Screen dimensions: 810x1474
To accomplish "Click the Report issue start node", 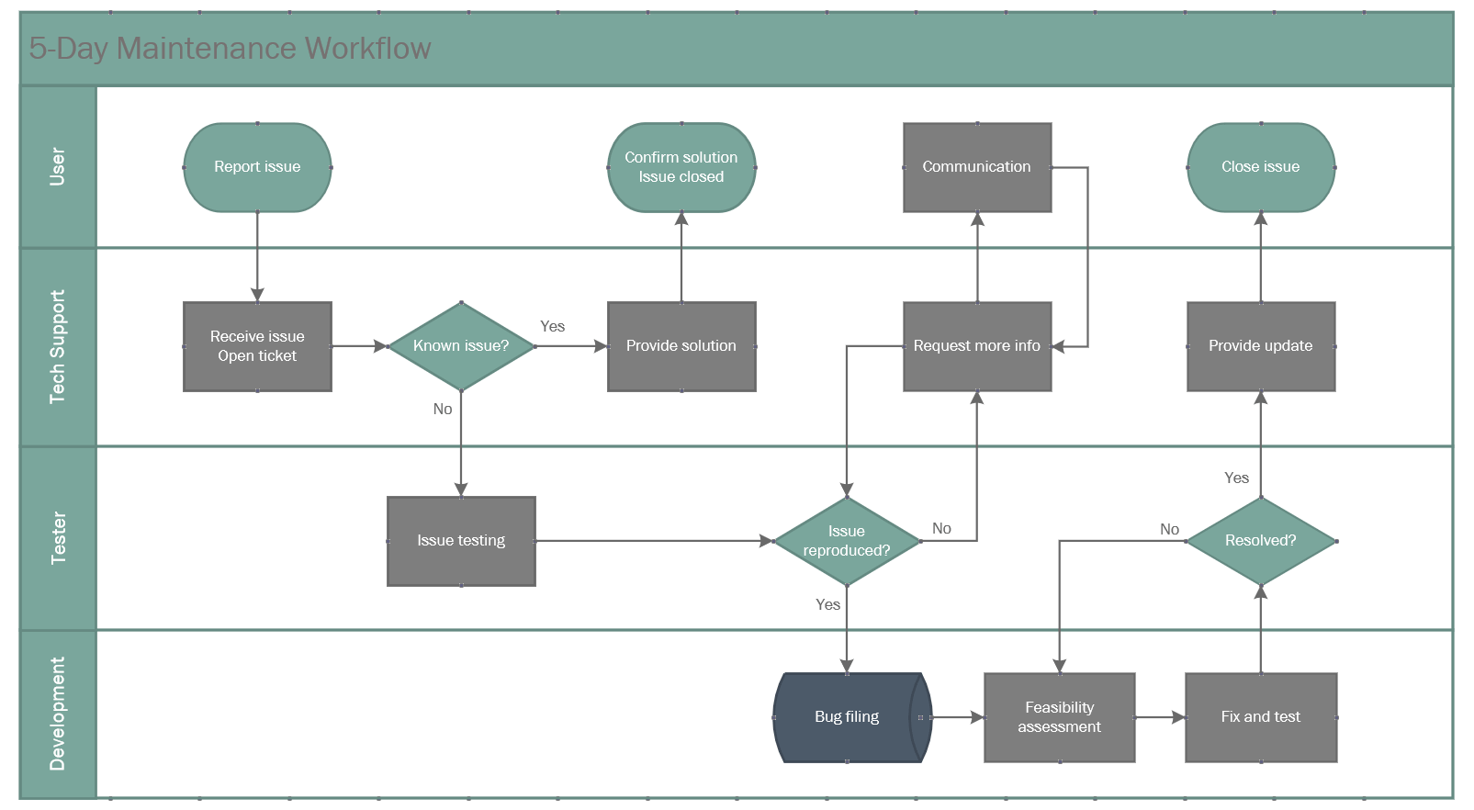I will point(257,167).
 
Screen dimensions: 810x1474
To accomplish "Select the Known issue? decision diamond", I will point(461,346).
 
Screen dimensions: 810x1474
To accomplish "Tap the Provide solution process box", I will point(681,346).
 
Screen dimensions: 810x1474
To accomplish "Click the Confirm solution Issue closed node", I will point(681,167).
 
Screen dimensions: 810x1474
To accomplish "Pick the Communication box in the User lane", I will point(977,167).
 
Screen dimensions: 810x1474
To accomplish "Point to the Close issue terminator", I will point(1261,167).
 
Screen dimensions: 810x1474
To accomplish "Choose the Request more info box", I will point(977,346).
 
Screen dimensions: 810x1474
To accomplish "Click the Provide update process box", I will point(1261,346).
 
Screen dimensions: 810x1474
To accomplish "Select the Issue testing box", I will point(461,541).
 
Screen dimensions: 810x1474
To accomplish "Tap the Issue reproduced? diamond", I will point(847,541).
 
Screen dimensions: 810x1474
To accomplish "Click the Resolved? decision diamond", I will point(1261,541).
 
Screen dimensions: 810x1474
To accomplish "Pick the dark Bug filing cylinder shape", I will point(847,717).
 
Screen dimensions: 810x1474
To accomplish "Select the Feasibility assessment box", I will point(1060,717).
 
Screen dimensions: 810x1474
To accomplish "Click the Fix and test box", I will point(1261,717).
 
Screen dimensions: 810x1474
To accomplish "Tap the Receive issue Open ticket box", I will point(257,346).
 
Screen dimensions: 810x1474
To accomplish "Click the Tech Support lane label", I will point(58,347).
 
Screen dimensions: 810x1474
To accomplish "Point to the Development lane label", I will point(58,714).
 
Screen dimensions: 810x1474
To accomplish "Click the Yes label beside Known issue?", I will point(553,327).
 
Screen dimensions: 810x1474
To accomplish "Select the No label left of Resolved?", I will point(1169,530).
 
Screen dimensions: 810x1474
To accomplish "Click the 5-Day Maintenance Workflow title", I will point(230,49).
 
